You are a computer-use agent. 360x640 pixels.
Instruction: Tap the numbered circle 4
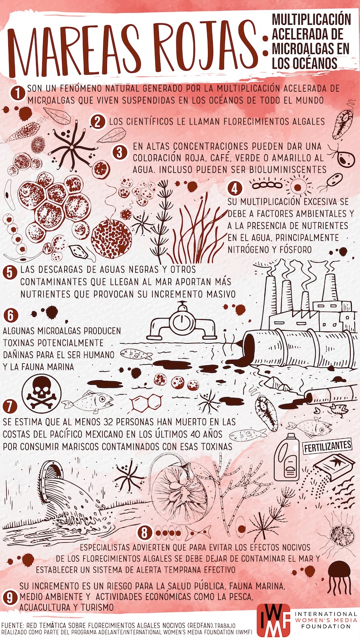[x=235, y=189]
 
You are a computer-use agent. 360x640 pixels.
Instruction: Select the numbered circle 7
[x=10, y=406]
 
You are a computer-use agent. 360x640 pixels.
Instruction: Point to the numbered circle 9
[x=10, y=598]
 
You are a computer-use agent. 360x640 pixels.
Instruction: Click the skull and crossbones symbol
[x=42, y=392]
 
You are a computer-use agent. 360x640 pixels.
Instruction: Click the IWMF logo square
[x=273, y=619]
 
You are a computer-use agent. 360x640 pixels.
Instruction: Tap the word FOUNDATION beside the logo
[x=326, y=626]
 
